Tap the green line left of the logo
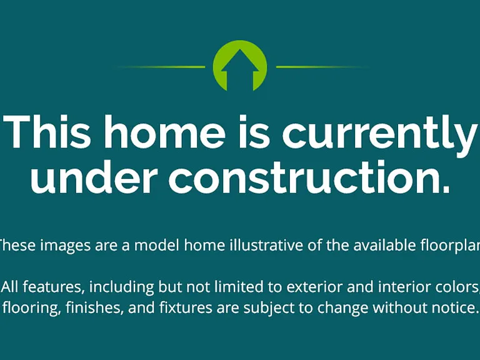(161, 67)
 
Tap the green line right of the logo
(321, 67)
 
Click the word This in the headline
(47, 132)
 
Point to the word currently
(379, 136)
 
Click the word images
(65, 246)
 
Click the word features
(54, 287)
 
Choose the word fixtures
(186, 307)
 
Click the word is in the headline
(254, 132)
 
